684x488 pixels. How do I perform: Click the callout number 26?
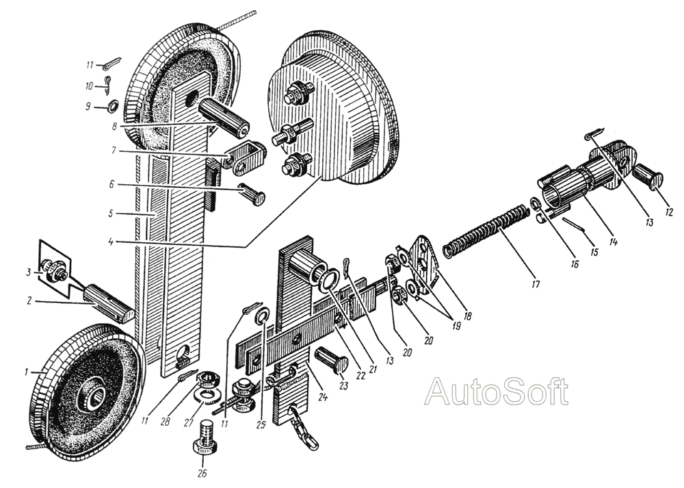tap(202, 472)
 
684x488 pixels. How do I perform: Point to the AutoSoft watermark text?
tap(496, 391)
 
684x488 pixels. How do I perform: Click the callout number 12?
tap(669, 212)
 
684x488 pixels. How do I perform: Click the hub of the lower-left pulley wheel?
tap(91, 394)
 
